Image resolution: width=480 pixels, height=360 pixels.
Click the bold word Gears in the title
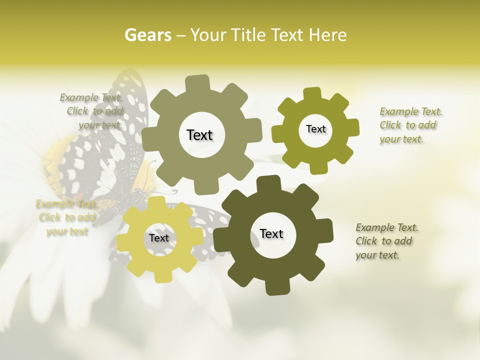point(147,35)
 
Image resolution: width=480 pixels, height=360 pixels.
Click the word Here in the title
point(327,35)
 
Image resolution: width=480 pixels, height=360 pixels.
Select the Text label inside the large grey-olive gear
point(199,135)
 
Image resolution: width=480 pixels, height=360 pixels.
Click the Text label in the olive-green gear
point(315,129)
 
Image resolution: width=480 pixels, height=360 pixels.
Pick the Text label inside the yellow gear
point(159,238)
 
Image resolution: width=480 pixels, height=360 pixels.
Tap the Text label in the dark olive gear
point(271,233)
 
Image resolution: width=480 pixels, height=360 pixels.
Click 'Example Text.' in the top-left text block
point(91,97)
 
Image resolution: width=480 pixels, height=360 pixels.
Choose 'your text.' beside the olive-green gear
point(401,139)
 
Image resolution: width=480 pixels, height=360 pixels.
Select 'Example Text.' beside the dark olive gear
point(387,228)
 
